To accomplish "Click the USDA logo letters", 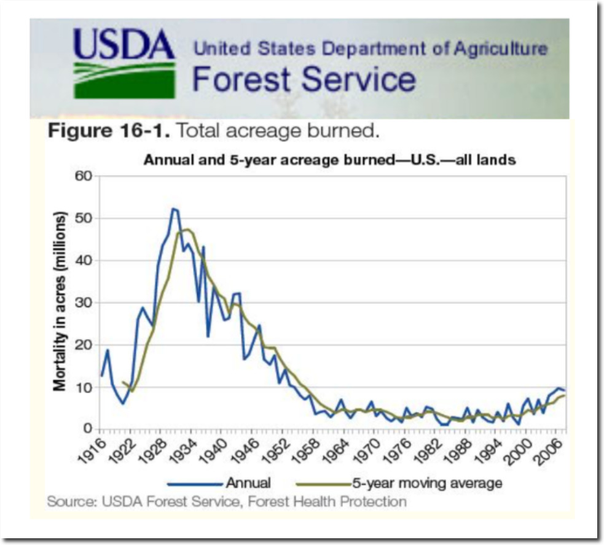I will coord(124,45).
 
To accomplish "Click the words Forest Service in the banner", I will coord(304,79).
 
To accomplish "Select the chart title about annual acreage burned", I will coord(329,161).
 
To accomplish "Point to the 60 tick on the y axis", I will coord(84,176).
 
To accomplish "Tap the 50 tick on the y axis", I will coord(84,219).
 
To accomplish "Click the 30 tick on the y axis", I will coord(84,303).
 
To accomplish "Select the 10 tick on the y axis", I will coord(84,387).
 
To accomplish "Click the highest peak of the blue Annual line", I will coord(173,209).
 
